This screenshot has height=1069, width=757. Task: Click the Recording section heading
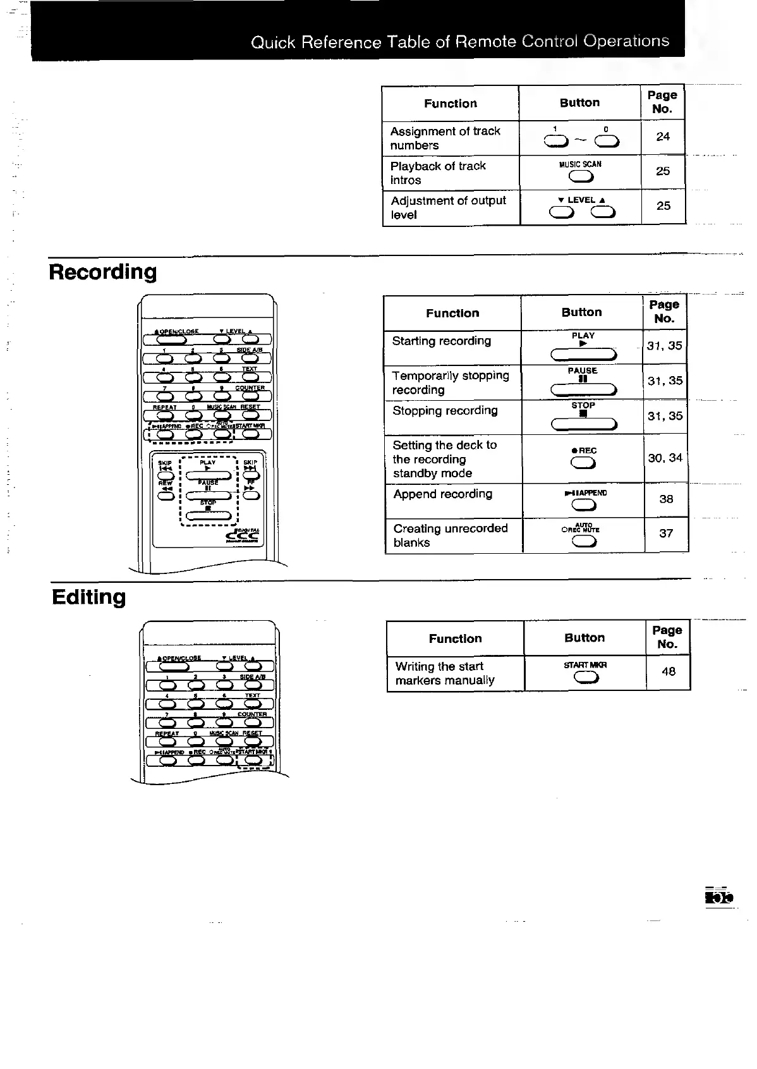(x=102, y=272)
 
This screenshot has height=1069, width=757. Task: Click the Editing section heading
(x=88, y=597)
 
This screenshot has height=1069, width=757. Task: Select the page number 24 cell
(x=663, y=137)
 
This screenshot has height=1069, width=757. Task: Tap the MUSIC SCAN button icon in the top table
(x=581, y=176)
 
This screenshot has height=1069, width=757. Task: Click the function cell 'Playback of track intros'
(x=438, y=173)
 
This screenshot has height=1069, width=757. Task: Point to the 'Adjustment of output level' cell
(x=448, y=207)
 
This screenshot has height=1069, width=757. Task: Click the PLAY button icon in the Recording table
(x=583, y=354)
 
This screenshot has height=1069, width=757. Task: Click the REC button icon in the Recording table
(x=583, y=464)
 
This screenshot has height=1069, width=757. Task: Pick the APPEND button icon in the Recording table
(x=584, y=504)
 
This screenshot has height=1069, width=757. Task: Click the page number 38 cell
(x=666, y=499)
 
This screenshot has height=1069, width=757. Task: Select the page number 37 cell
(x=666, y=534)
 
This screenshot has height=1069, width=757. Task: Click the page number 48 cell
(x=669, y=671)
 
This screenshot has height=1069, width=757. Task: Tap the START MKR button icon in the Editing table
(x=586, y=678)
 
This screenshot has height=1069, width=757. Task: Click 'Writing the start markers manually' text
(x=445, y=673)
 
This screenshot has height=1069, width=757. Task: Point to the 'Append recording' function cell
(x=442, y=494)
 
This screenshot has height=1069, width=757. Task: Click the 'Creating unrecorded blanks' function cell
(x=450, y=535)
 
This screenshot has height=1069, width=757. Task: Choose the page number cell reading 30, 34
(x=665, y=458)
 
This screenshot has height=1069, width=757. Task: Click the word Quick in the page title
(x=273, y=43)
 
